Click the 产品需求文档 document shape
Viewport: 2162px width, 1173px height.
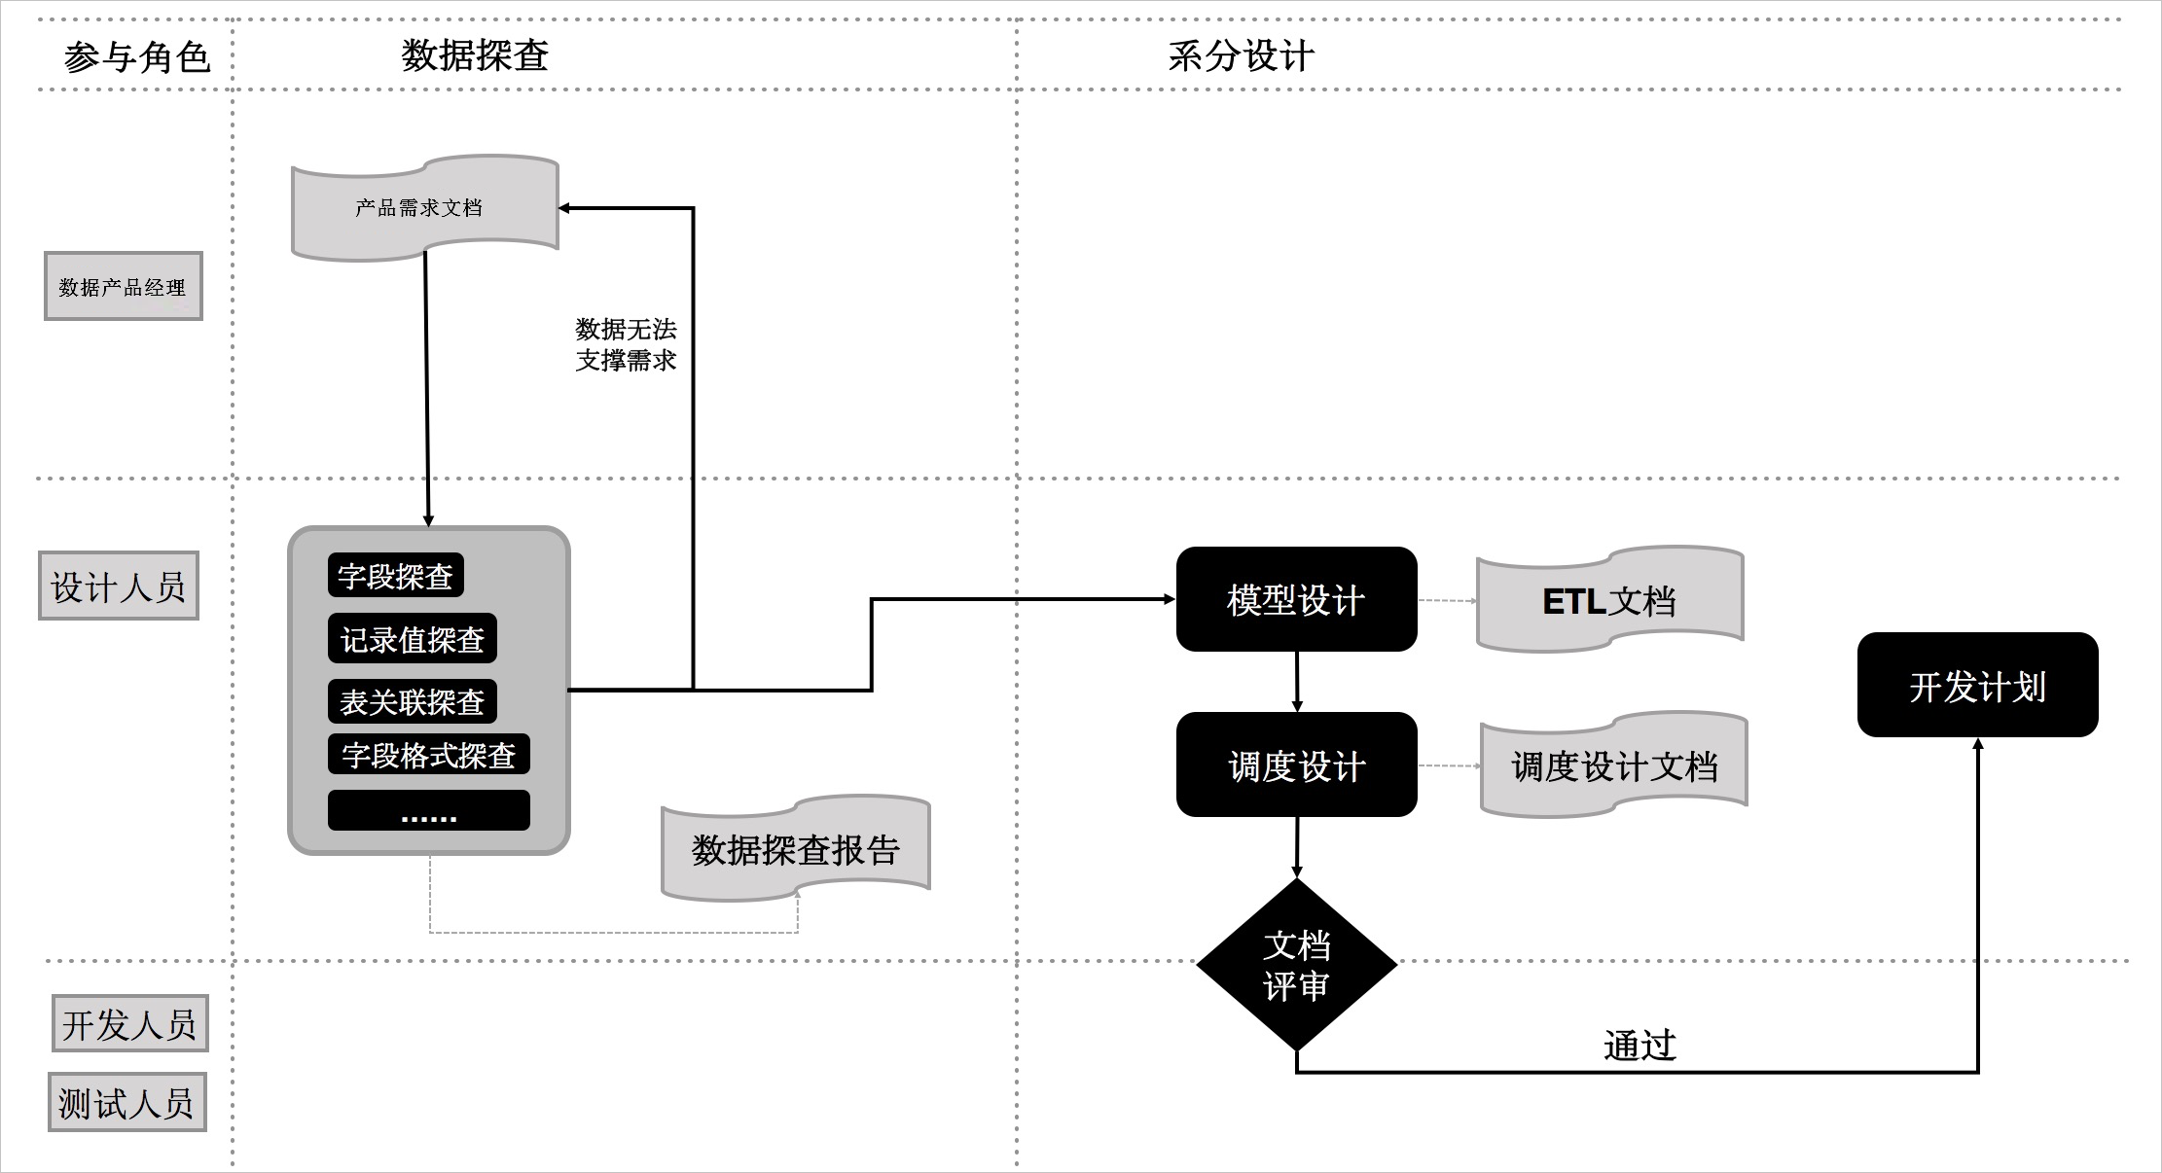point(424,207)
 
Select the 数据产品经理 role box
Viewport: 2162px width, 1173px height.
point(124,286)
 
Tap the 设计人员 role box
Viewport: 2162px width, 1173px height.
point(119,586)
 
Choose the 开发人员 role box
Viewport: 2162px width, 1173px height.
point(129,1023)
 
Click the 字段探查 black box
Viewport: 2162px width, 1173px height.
point(395,576)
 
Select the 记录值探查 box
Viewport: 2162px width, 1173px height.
point(413,639)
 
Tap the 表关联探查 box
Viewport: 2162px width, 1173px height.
point(413,701)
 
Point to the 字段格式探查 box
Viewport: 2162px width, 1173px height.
point(428,755)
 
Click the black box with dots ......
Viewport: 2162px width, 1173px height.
point(428,810)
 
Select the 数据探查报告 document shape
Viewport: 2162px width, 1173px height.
point(795,849)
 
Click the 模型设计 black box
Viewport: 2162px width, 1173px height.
point(1296,599)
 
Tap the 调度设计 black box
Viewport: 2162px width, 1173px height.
point(1296,765)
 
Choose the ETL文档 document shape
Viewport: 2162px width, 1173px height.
point(1609,600)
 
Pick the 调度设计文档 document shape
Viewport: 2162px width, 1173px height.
point(1613,765)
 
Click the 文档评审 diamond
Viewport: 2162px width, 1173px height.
point(1296,965)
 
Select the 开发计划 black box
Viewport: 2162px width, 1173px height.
point(1977,685)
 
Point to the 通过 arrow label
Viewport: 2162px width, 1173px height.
point(1640,1045)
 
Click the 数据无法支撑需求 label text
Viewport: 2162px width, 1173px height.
point(626,344)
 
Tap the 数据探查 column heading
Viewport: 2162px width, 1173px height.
point(475,55)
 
